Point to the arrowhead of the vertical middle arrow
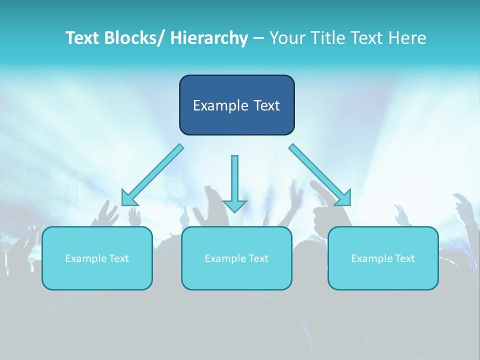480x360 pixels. (234, 205)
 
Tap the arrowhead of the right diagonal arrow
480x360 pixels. (344, 199)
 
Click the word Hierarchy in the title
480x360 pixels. (209, 38)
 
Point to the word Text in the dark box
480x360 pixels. (265, 105)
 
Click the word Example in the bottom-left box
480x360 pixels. (85, 258)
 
